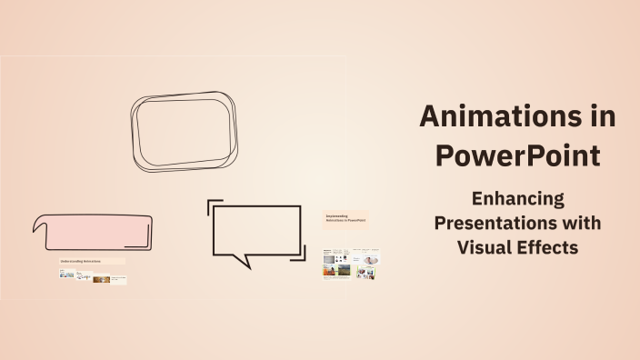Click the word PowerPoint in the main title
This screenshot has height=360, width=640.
[517, 155]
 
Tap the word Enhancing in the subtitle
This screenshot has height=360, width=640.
[517, 198]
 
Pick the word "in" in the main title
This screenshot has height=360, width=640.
[601, 116]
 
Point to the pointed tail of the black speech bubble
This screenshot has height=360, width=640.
[241, 262]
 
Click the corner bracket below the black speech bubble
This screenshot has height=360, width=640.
[299, 259]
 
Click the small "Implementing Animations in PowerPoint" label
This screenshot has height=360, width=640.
[345, 218]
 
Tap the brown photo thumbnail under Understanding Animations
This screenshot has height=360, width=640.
[101, 279]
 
